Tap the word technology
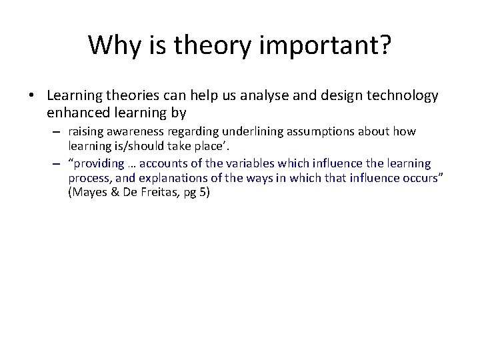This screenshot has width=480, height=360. [402, 96]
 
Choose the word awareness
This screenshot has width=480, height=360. [132, 132]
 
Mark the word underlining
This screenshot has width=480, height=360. [243, 132]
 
